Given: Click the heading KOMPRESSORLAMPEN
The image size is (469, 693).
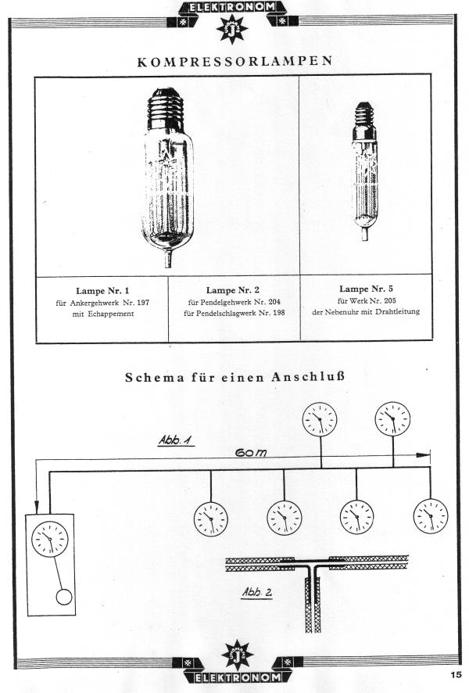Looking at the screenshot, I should coord(234,61).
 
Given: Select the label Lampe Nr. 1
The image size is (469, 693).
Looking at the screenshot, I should coord(102,290).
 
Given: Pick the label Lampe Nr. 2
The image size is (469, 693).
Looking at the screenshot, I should coord(234,290).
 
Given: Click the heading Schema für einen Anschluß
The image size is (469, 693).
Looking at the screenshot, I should coord(234,376).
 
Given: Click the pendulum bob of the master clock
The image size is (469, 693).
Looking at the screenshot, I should coord(64,598).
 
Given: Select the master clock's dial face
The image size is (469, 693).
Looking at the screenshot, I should coord(49,539).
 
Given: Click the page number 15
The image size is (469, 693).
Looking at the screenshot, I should coord(456,674).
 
